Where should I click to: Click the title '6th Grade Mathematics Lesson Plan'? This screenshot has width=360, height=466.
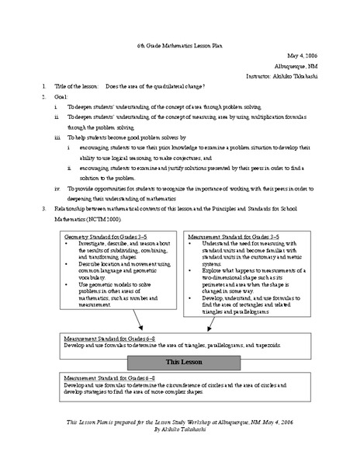[179, 47]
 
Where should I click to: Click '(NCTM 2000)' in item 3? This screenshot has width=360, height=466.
[94, 219]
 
